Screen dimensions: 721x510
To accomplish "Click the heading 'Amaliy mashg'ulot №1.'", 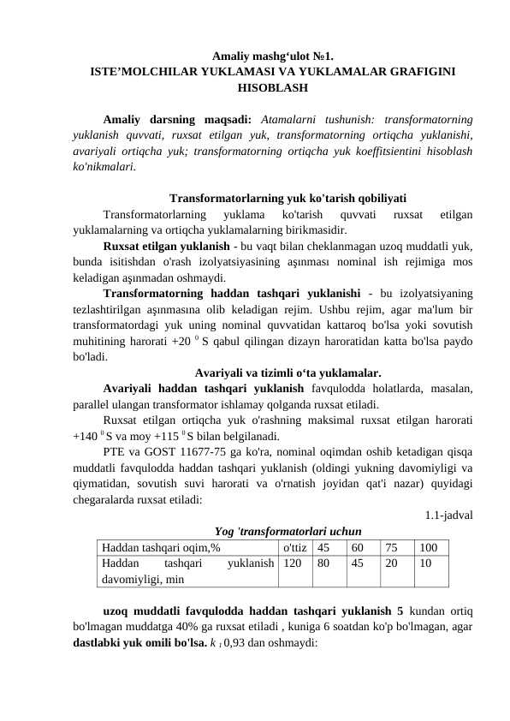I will pos(272,56).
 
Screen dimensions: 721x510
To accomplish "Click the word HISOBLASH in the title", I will pos(272,86).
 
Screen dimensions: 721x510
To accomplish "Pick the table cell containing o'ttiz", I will pos(295,546).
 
